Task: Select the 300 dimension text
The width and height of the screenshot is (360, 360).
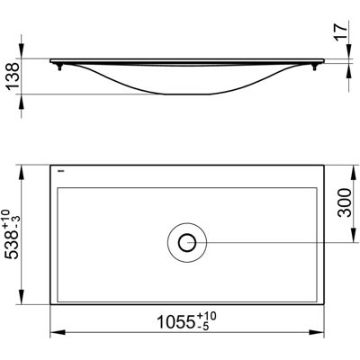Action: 345,202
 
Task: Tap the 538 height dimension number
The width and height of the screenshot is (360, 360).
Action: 13,244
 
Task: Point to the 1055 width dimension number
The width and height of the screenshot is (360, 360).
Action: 176,323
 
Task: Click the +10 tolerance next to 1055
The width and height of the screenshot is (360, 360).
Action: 206,317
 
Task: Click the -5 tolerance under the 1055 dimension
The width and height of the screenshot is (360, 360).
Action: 203,327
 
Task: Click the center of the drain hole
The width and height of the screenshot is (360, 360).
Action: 187,242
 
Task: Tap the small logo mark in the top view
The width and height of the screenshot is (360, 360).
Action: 61,172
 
